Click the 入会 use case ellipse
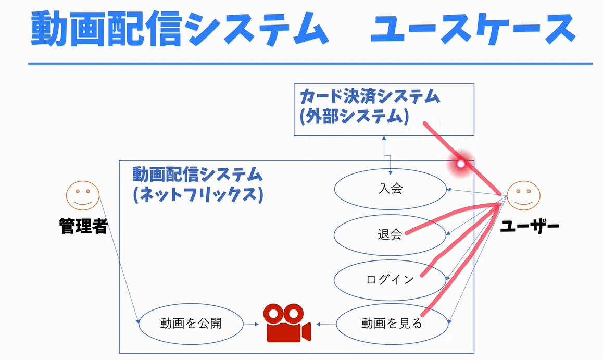(x=390, y=189)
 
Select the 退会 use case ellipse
(x=390, y=234)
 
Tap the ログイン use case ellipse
(x=390, y=280)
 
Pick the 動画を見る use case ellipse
(x=392, y=324)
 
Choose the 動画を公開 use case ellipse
(x=191, y=324)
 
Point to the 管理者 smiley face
(x=82, y=195)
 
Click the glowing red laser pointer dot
(x=460, y=164)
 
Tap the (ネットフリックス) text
(x=197, y=194)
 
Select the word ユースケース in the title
(x=472, y=29)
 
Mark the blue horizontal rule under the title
(x=310, y=64)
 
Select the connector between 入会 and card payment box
(x=386, y=154)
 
